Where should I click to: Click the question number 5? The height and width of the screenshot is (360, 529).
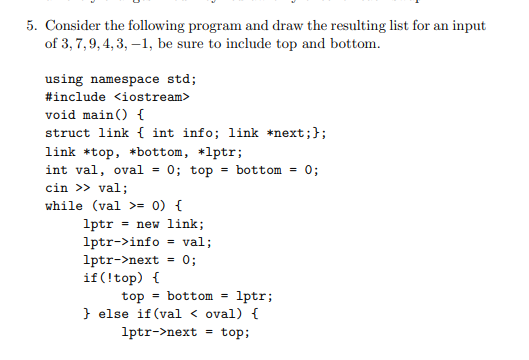click(31, 25)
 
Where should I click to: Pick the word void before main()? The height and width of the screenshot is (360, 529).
click(61, 115)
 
